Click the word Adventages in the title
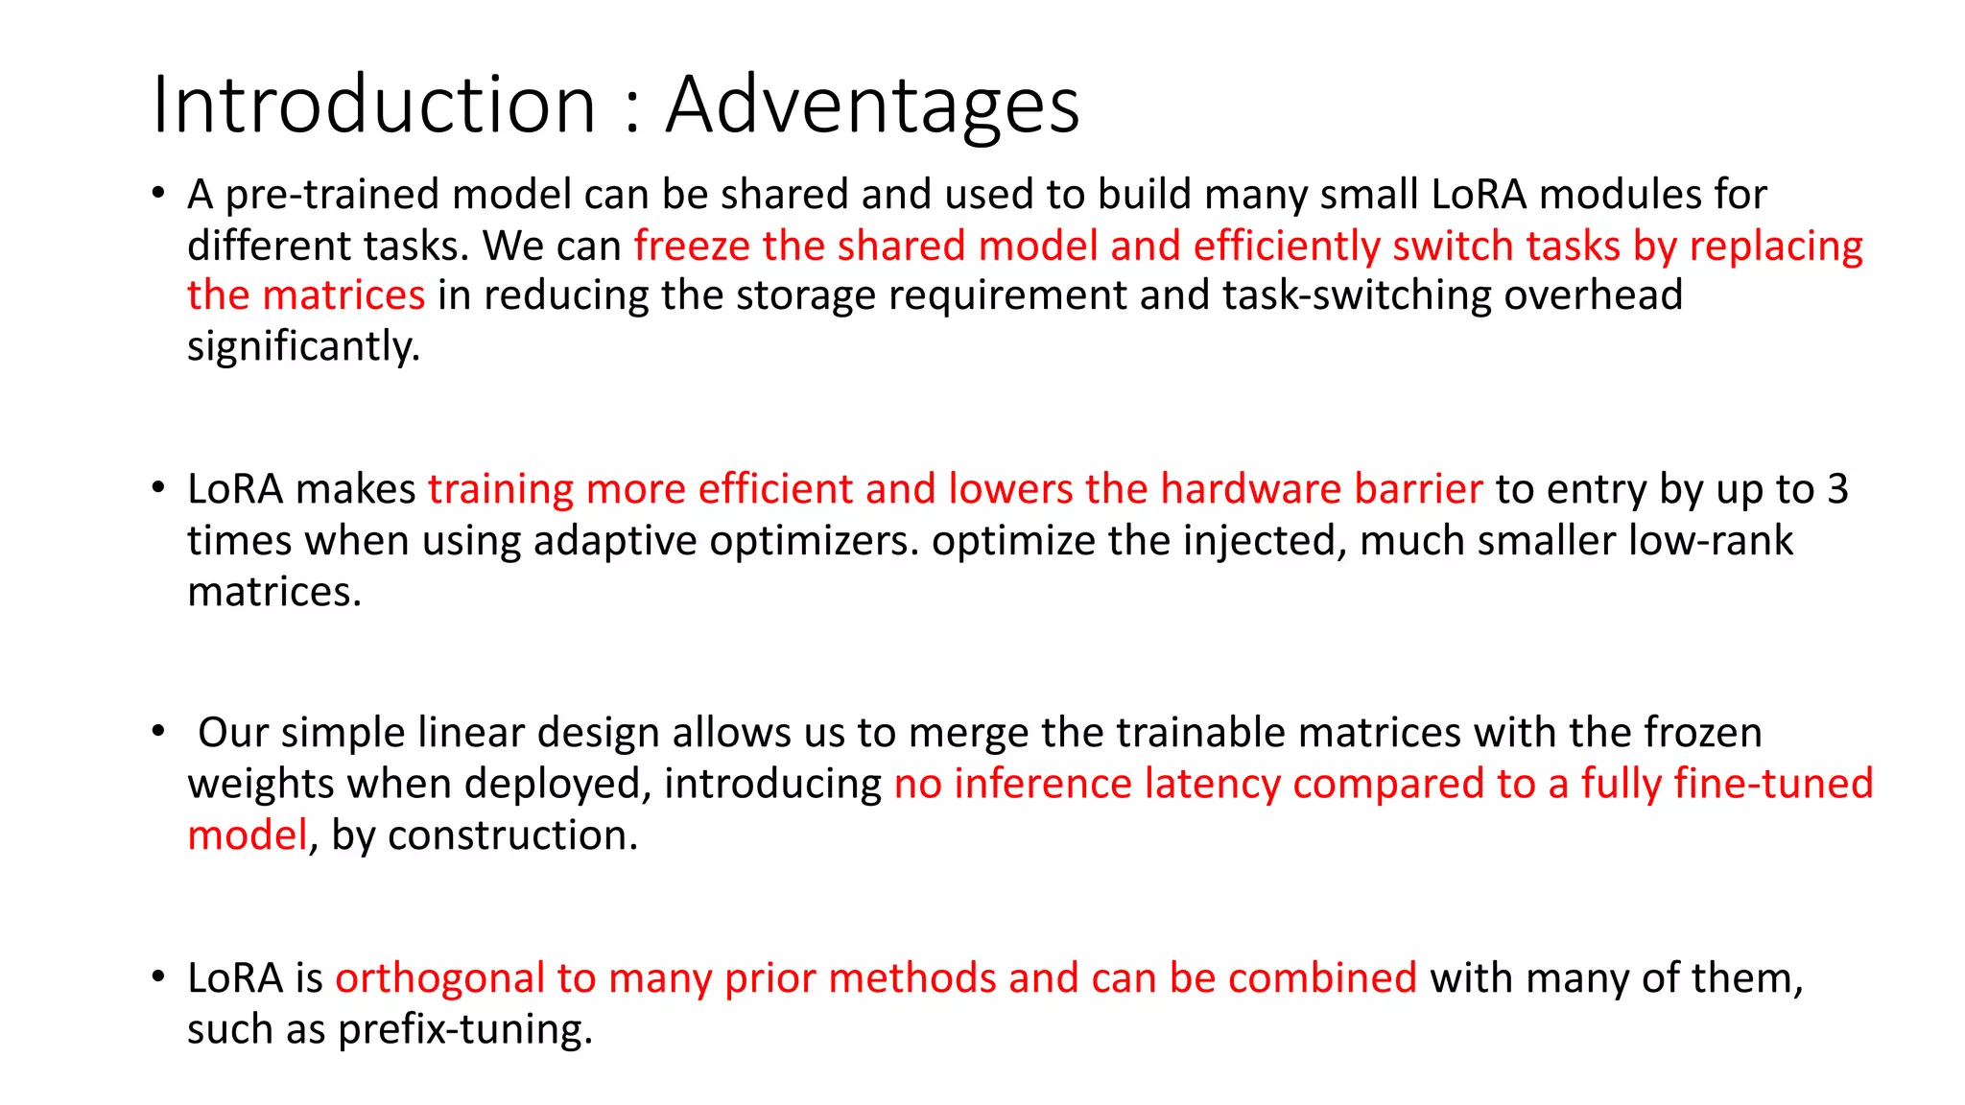tap(872, 106)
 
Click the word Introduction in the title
tap(374, 106)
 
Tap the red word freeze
tap(692, 247)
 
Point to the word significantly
tap(303, 346)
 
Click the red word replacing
tap(1776, 247)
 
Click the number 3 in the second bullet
tap(1837, 490)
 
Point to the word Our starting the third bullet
tap(234, 734)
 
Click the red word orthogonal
tap(439, 979)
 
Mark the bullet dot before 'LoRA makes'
tap(158, 488)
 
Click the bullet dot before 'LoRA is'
tap(158, 977)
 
